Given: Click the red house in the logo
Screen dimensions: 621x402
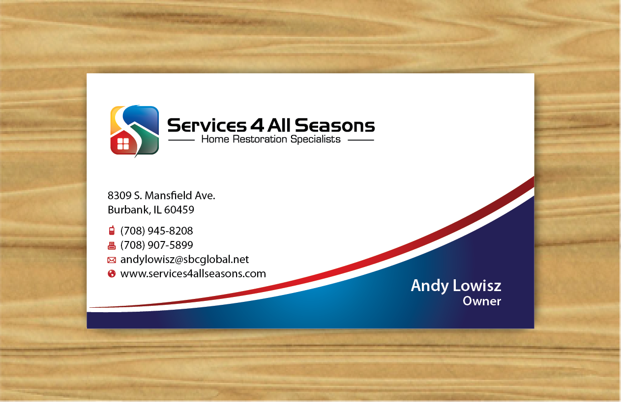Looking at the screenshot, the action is point(124,142).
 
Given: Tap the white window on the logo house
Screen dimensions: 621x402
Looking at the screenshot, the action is point(123,144).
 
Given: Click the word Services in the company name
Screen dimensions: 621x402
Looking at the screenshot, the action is point(207,125).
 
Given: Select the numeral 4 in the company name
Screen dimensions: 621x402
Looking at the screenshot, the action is point(257,125).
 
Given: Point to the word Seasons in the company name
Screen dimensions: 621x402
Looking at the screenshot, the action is point(335,125).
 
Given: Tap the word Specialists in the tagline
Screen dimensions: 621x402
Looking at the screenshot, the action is point(315,139).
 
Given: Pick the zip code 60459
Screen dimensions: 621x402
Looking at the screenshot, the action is point(179,210).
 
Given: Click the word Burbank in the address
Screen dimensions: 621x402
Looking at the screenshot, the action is point(129,210).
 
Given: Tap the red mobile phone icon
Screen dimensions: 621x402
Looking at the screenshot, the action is point(112,231).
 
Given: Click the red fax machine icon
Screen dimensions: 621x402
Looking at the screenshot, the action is point(112,245).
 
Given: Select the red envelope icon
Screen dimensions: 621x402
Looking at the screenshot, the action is point(112,260).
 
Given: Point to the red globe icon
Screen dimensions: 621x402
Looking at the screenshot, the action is point(112,273).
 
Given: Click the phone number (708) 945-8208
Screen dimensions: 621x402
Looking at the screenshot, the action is point(157,231).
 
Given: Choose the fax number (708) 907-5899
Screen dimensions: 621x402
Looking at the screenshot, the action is point(157,245).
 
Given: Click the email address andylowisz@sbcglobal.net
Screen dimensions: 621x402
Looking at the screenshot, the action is point(184,260).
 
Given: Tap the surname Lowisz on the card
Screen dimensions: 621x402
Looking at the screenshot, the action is point(477,286).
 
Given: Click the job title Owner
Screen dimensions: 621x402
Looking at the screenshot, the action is point(482,301).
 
